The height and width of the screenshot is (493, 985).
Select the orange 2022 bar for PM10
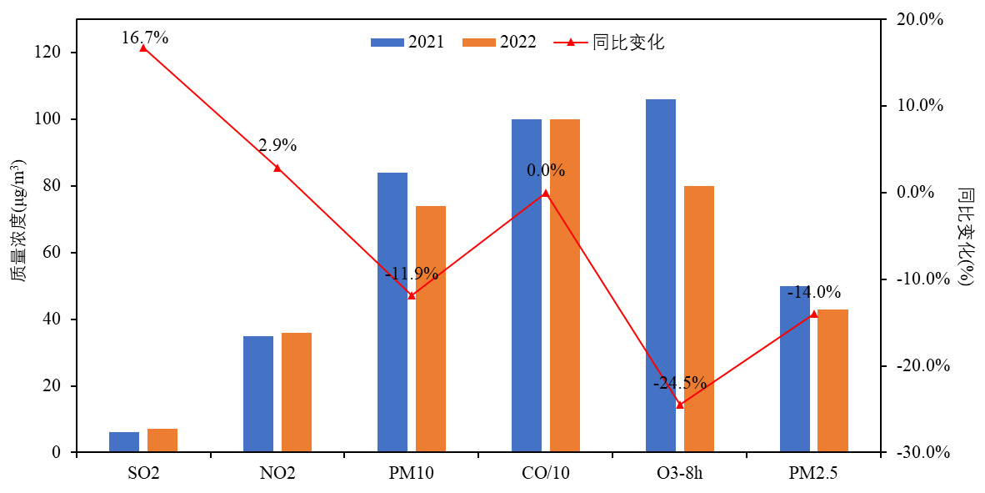tap(431, 329)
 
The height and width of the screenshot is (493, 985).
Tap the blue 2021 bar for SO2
tap(124, 442)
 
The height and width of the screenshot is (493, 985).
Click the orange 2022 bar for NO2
tap(297, 392)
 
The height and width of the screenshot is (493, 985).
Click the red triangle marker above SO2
tap(143, 48)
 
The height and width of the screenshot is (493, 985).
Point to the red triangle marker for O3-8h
tap(680, 405)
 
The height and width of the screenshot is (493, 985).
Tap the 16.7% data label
tap(145, 37)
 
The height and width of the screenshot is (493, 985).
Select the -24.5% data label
tap(680, 383)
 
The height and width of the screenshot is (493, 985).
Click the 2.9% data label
tap(277, 145)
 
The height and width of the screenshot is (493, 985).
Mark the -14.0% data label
tap(814, 292)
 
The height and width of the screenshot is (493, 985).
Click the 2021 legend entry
tap(407, 42)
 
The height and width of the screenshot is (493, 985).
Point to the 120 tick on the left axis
tap(53, 53)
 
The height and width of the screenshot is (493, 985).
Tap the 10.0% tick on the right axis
tap(921, 106)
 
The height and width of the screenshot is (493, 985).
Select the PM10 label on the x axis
tap(412, 474)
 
